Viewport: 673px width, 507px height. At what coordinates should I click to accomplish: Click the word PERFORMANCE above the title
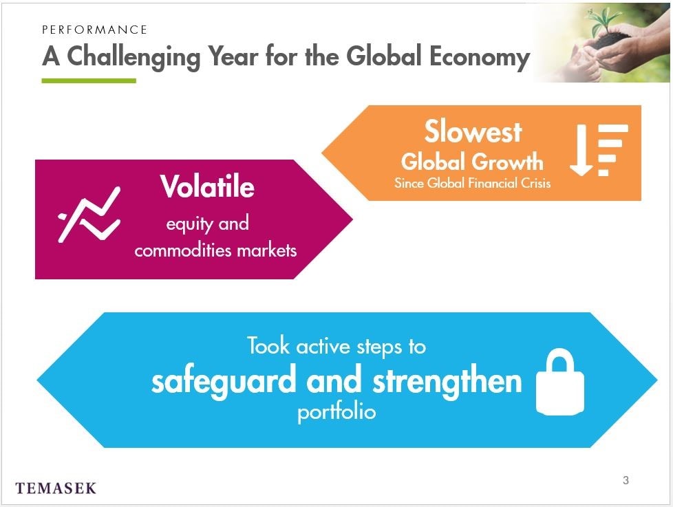click(x=94, y=30)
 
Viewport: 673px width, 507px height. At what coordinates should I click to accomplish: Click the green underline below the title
click(x=89, y=80)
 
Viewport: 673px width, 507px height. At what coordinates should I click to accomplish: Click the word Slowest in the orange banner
click(x=473, y=131)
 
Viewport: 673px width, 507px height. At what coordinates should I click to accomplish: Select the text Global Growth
click(x=472, y=162)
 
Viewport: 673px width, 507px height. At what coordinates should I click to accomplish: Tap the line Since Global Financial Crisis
click(x=472, y=183)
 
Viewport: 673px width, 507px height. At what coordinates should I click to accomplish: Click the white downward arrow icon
click(x=581, y=150)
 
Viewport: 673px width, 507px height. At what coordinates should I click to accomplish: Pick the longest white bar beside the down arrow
click(x=613, y=129)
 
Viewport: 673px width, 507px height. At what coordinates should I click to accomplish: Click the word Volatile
click(x=207, y=186)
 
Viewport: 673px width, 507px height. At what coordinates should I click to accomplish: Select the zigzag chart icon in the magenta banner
click(x=89, y=215)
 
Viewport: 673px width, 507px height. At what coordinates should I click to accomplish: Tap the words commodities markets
click(x=215, y=250)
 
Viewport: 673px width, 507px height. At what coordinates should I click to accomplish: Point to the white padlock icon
click(x=560, y=382)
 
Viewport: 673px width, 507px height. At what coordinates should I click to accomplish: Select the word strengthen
click(x=447, y=381)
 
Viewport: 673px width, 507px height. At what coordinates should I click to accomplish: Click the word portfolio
click(x=336, y=413)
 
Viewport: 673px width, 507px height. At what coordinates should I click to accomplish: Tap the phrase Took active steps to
click(x=336, y=347)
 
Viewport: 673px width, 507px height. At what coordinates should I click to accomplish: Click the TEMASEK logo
click(x=56, y=488)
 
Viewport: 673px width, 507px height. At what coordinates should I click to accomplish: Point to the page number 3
click(x=626, y=480)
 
